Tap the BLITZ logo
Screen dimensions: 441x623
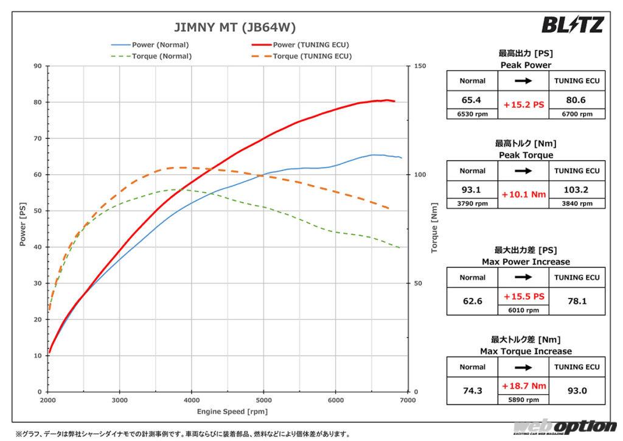pyautogui.click(x=573, y=24)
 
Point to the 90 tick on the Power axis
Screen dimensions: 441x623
pyautogui.click(x=38, y=66)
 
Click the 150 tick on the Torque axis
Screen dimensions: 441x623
pyautogui.click(x=419, y=66)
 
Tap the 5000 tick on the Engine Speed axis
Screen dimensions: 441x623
pyautogui.click(x=263, y=400)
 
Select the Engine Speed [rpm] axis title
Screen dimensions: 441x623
pyautogui.click(x=228, y=412)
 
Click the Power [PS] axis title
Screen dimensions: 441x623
pyautogui.click(x=23, y=228)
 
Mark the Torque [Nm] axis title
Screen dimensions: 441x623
pyautogui.click(x=434, y=228)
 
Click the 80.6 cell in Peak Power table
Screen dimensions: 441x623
pyautogui.click(x=576, y=100)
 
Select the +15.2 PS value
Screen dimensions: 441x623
pyautogui.click(x=524, y=105)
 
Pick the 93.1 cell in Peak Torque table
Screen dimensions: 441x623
pyautogui.click(x=472, y=189)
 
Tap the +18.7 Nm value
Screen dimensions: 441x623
pyautogui.click(x=524, y=386)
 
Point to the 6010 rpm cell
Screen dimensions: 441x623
pyautogui.click(x=524, y=310)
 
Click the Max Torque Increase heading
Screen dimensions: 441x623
pyautogui.click(x=526, y=351)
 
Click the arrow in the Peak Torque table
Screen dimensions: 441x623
pyautogui.click(x=524, y=171)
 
